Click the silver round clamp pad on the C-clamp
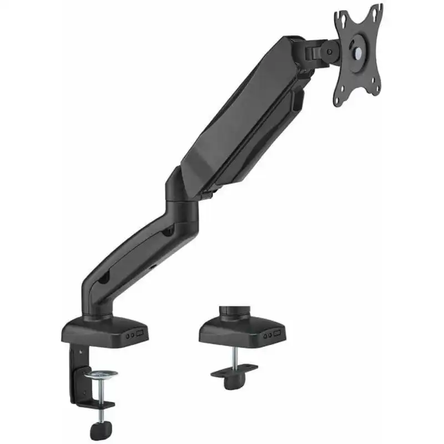[x=100, y=374]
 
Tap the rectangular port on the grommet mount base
[x=276, y=335]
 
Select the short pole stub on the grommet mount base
[x=229, y=312]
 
